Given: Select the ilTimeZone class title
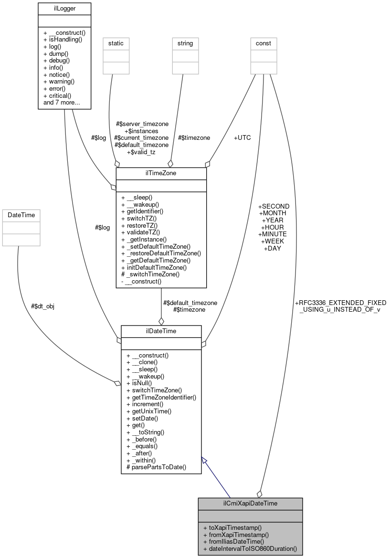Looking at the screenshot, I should pos(161,173).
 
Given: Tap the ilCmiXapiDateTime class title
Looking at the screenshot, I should pos(250,504).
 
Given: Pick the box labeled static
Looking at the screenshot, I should pos(116,43).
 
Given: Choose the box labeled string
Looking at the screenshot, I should pos(185,43).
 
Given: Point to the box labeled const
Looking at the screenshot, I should pos(264,43).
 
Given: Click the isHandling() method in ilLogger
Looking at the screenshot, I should pos(65,40).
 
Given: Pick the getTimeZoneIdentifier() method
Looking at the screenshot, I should pos(161,397).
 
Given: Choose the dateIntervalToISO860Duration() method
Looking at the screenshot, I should pos(250,549).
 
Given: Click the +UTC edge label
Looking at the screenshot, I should pos(242,137).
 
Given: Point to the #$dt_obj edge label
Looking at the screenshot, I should pos(42,306).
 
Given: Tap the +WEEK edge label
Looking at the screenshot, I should pos(274,241).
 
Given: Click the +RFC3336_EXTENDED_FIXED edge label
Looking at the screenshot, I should pos(340,303).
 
